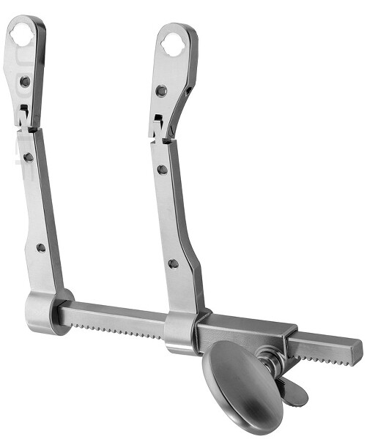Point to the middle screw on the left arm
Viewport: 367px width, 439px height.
click(x=28, y=157)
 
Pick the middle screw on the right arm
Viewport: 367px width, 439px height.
click(x=163, y=169)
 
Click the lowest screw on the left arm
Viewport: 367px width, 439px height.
click(x=41, y=247)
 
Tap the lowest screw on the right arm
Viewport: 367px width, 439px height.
click(x=173, y=263)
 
